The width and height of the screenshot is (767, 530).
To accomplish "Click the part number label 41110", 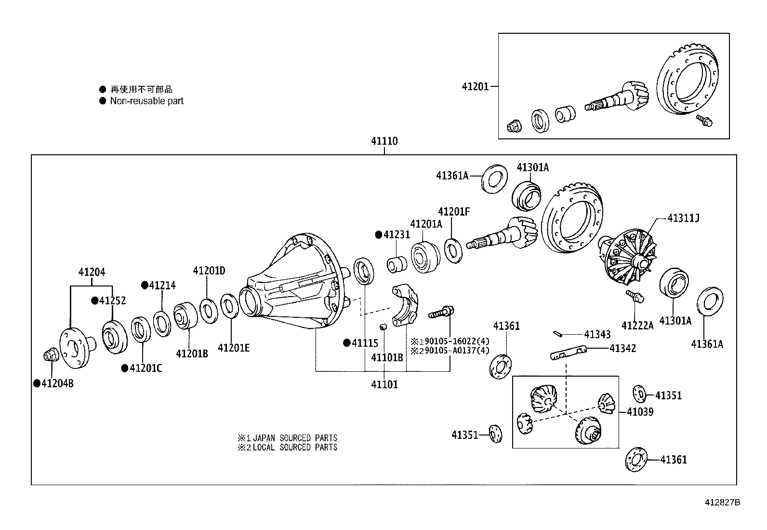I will pyautogui.click(x=384, y=141).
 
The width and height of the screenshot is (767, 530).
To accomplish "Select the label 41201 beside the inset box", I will pyautogui.click(x=475, y=87).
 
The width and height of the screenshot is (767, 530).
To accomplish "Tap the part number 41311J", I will pyautogui.click(x=683, y=218).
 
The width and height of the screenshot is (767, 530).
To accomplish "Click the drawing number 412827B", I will pyautogui.click(x=723, y=503).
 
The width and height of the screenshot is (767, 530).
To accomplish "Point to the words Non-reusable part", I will pyautogui.click(x=146, y=101).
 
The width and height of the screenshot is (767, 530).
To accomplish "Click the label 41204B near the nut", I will pyautogui.click(x=57, y=384).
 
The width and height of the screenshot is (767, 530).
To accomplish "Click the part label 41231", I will pyautogui.click(x=397, y=235).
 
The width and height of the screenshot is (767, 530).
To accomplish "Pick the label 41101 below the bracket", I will pyautogui.click(x=384, y=385).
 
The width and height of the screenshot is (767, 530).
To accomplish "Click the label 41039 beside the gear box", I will pyautogui.click(x=640, y=412).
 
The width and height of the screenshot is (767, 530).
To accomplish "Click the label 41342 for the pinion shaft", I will pyautogui.click(x=622, y=348).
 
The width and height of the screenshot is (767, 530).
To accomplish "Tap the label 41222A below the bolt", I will pyautogui.click(x=637, y=326).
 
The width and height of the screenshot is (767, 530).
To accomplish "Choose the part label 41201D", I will pyautogui.click(x=209, y=271).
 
